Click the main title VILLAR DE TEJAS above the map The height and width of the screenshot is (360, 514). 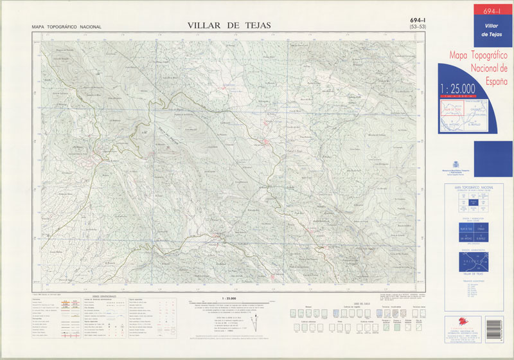[229, 25]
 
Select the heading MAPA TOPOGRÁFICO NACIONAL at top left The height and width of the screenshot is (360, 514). [67, 27]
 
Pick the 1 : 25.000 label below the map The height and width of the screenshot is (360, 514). [229, 298]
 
